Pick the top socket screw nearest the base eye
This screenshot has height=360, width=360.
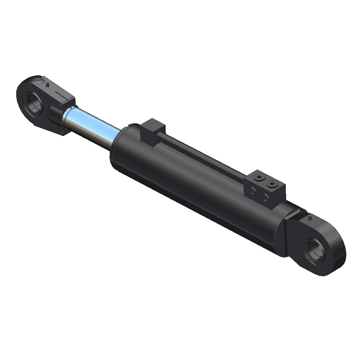click(271, 184)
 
